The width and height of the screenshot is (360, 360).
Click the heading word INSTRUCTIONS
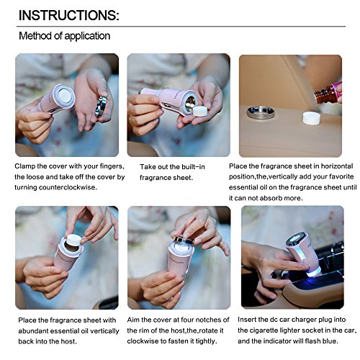click(69, 15)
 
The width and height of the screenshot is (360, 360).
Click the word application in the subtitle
click(87, 36)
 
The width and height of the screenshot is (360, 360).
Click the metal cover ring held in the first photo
click(102, 106)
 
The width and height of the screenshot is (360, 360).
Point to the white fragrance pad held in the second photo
click(201, 112)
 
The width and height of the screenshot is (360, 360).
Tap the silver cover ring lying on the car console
click(261, 112)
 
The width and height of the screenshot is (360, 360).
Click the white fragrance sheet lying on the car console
click(311, 117)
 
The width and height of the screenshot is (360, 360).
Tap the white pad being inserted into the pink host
click(75, 240)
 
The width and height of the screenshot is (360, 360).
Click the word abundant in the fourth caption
click(33, 331)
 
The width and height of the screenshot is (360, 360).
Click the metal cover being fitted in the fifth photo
click(184, 240)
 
